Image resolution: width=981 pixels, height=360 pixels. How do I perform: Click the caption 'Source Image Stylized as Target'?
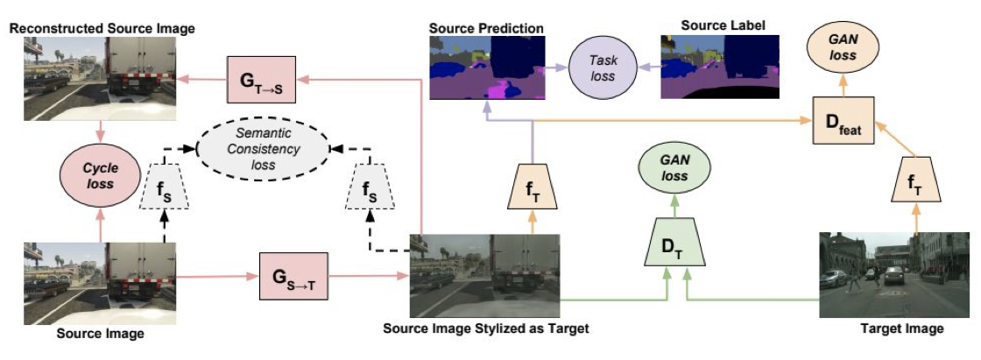click(485, 331)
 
